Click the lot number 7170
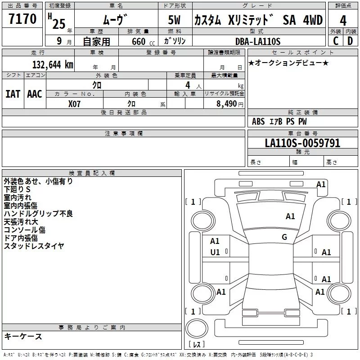[x=22, y=20]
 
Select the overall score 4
[x=343, y=21]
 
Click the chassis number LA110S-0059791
[x=302, y=143]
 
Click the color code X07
[x=75, y=103]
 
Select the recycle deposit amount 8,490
[x=224, y=103]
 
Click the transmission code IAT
[x=13, y=94]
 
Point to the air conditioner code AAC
[x=35, y=94]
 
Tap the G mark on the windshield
[x=284, y=237]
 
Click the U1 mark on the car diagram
[x=215, y=252]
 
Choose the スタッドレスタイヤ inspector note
[x=34, y=246]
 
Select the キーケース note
[x=23, y=336]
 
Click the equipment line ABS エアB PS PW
[x=279, y=121]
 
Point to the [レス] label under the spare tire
[x=196, y=345]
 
